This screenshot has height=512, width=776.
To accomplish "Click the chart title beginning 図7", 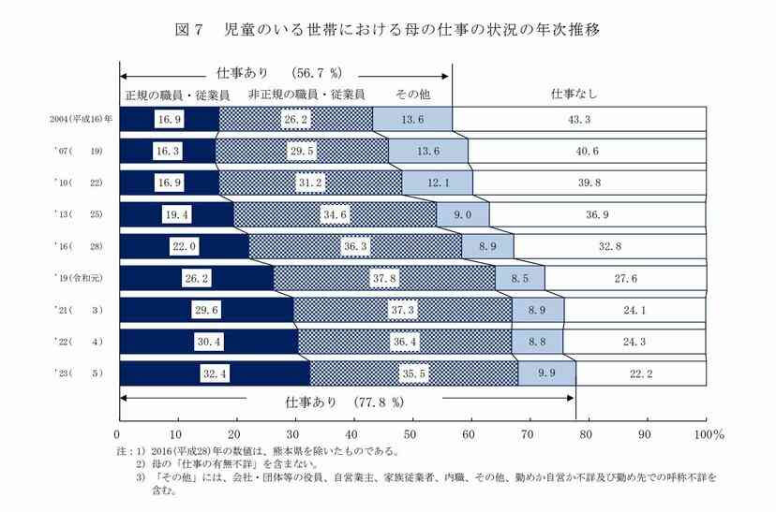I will [387, 29].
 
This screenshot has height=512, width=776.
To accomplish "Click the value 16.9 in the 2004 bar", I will [170, 120].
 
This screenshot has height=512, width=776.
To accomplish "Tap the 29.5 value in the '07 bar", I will [301, 151].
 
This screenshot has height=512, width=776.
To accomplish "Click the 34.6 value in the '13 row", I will [335, 214].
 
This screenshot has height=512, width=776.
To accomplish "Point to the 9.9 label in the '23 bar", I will [546, 374].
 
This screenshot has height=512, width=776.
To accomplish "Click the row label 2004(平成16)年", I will [82, 120].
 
